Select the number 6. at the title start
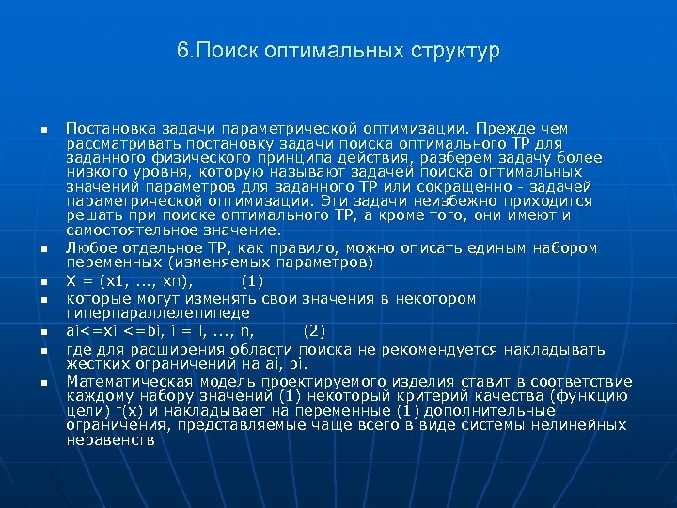[183, 50]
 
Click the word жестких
[94, 362]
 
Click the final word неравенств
[111, 439]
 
